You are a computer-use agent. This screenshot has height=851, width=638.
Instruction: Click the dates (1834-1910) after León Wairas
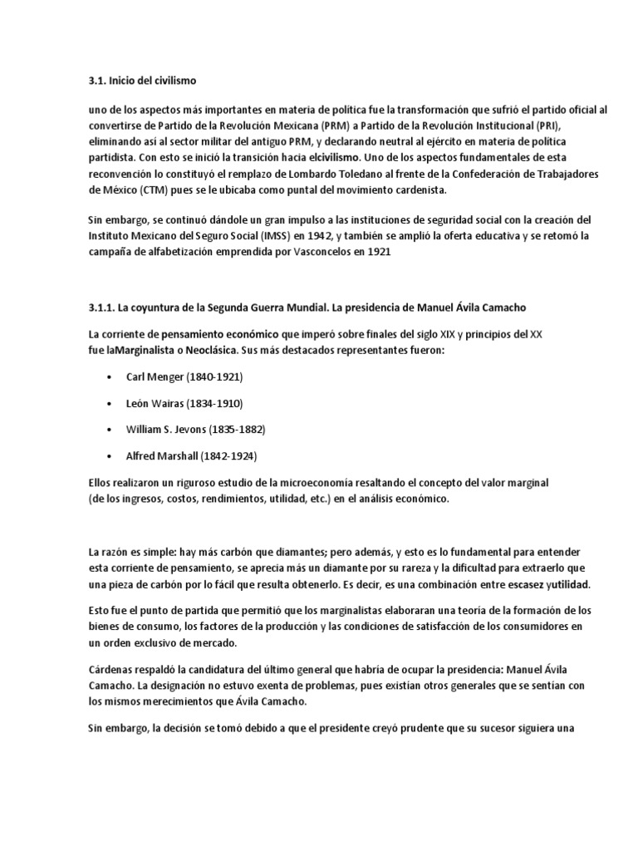[211, 402]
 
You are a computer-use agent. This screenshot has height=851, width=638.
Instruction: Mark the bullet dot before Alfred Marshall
[110, 456]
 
